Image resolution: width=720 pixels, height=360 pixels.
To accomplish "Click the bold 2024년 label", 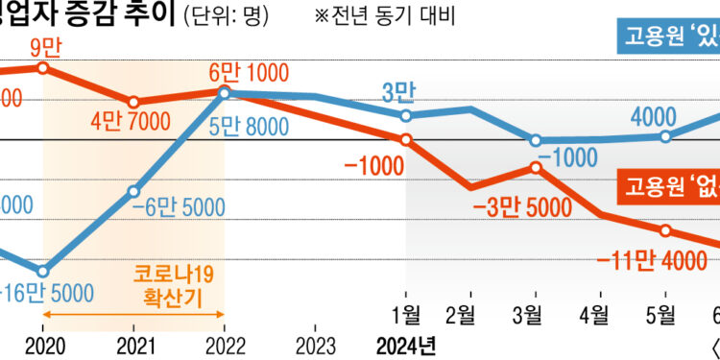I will [406, 344].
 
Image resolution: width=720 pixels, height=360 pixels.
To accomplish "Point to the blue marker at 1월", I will [405, 115].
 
